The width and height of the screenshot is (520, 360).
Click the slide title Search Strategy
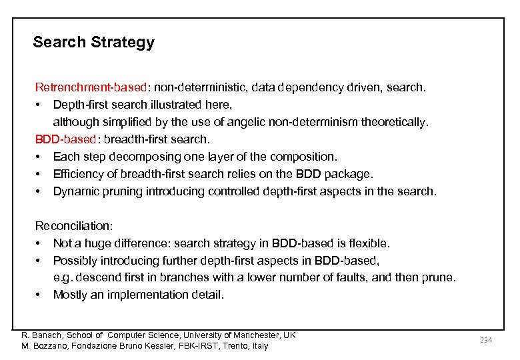[x=93, y=43]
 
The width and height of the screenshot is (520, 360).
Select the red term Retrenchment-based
[x=91, y=87]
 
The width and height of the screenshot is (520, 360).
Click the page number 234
[x=485, y=340]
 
